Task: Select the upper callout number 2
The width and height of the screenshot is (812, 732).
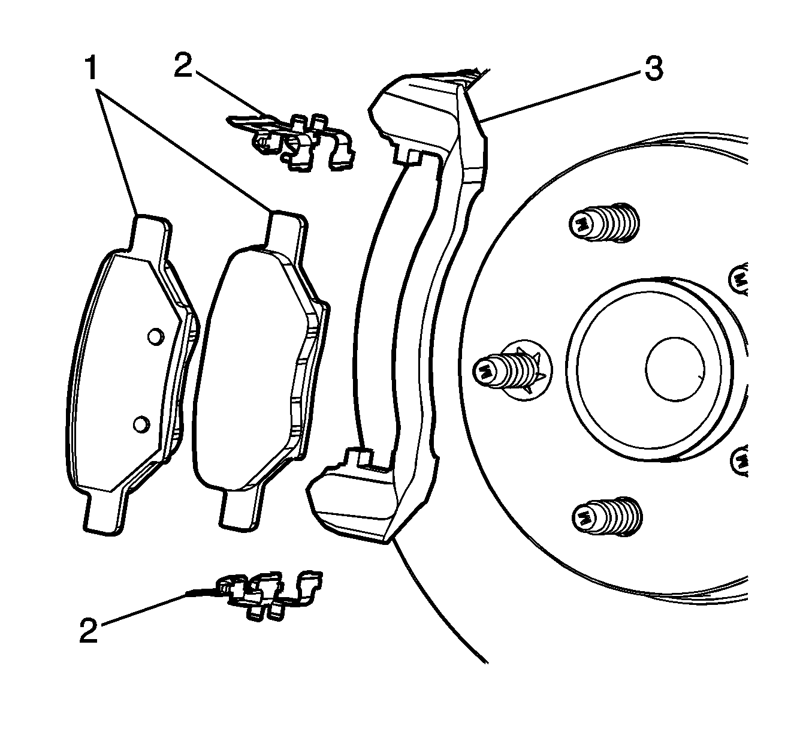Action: point(183,65)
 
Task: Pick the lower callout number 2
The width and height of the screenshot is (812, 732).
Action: point(88,631)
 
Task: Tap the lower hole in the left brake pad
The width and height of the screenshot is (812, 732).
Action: point(140,424)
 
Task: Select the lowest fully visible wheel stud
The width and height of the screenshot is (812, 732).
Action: point(606,514)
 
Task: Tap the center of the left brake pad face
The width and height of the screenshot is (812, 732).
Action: point(123,372)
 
